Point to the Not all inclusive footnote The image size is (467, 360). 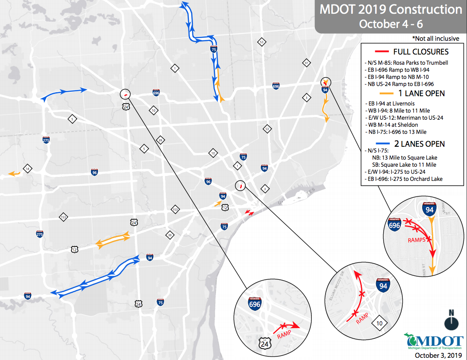point(436,39)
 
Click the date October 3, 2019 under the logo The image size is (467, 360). point(437,355)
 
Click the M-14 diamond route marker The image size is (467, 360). point(27,169)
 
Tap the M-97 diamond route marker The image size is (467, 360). point(306,63)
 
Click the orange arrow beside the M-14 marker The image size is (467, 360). point(14,174)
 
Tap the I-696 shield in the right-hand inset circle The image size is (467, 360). point(394,225)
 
